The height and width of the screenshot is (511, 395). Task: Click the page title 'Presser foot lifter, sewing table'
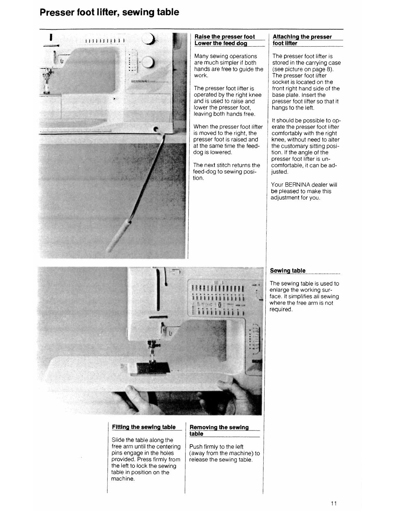tap(109, 12)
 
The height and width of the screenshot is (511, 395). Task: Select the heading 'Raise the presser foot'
tap(225, 37)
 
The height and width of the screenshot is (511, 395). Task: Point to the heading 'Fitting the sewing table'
tap(144, 427)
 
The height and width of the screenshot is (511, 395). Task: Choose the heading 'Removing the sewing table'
tap(219, 430)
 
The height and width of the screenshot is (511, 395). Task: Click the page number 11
tap(334, 504)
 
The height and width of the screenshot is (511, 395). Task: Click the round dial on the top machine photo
tap(148, 62)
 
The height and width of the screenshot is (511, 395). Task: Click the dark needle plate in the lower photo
tap(150, 368)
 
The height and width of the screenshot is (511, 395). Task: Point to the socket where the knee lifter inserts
tap(157, 129)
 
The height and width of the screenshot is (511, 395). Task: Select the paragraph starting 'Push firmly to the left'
tap(224, 453)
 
